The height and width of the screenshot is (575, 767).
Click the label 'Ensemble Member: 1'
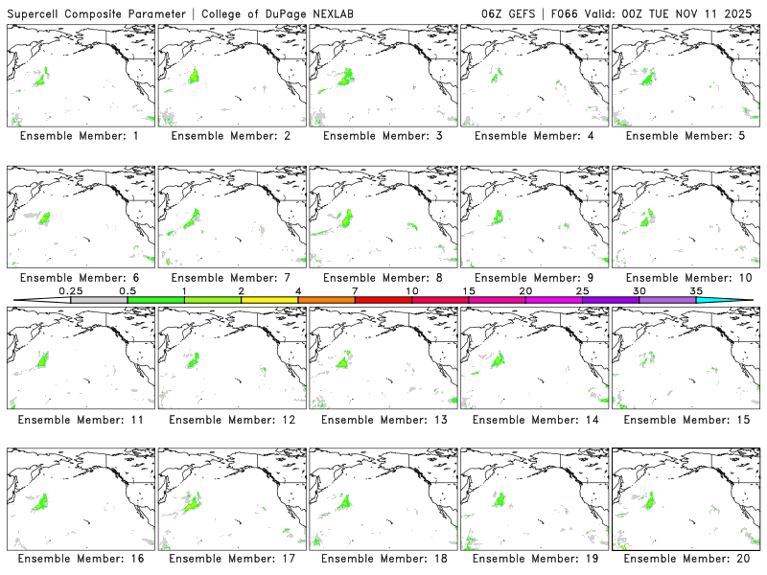pyautogui.click(x=79, y=136)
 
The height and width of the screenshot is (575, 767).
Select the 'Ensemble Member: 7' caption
pyautogui.click(x=230, y=278)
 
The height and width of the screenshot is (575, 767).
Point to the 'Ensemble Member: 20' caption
pyautogui.click(x=684, y=559)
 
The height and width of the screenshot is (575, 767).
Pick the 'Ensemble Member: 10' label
pyautogui.click(x=684, y=278)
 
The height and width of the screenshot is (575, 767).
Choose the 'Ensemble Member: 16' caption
pyautogui.click(x=79, y=559)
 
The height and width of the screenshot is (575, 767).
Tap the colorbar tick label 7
pyautogui.click(x=355, y=290)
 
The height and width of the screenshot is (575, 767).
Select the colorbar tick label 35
pyautogui.click(x=696, y=290)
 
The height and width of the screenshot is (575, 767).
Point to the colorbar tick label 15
pyautogui.click(x=469, y=290)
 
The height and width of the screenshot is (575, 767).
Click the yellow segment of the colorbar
pyautogui.click(x=269, y=300)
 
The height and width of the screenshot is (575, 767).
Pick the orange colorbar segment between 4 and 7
pyautogui.click(x=326, y=300)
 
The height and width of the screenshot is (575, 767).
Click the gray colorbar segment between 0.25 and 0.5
pyautogui.click(x=99, y=300)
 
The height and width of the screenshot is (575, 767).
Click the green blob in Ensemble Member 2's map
pyautogui.click(x=194, y=76)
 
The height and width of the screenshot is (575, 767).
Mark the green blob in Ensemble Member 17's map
pyautogui.click(x=193, y=500)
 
